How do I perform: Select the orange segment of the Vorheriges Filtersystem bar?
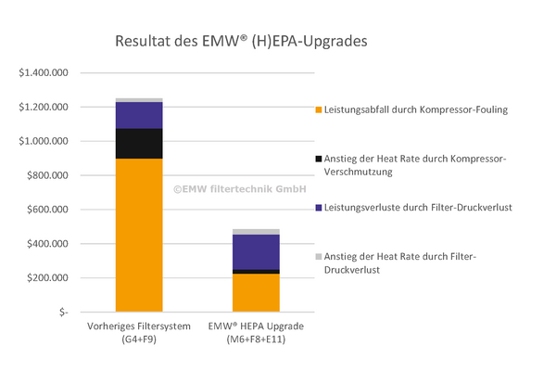[x=139, y=237]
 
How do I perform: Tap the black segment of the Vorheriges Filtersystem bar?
[x=139, y=144]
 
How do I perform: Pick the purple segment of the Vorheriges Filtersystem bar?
[x=139, y=115]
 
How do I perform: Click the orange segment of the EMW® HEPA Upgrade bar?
[x=256, y=293]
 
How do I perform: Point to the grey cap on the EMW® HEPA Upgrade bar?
[x=256, y=232]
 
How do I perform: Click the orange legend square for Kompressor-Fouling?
[x=319, y=110]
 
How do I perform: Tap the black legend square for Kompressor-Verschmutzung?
[x=319, y=160]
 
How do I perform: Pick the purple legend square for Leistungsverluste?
[x=319, y=206]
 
